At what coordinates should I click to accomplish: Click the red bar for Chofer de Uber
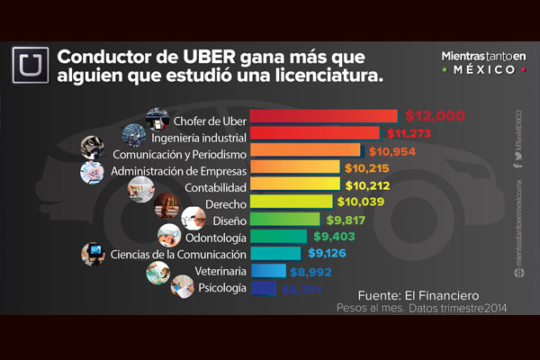click(322, 116)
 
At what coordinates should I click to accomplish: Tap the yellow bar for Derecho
click(283, 202)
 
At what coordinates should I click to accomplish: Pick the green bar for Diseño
click(283, 219)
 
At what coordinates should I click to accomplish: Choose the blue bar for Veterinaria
click(267, 270)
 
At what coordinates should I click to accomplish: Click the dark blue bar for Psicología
click(263, 288)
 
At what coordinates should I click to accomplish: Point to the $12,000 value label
click(435, 116)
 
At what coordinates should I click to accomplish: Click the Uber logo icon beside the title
click(30, 65)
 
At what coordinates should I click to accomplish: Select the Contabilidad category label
click(213, 184)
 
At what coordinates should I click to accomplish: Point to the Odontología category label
click(213, 236)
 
